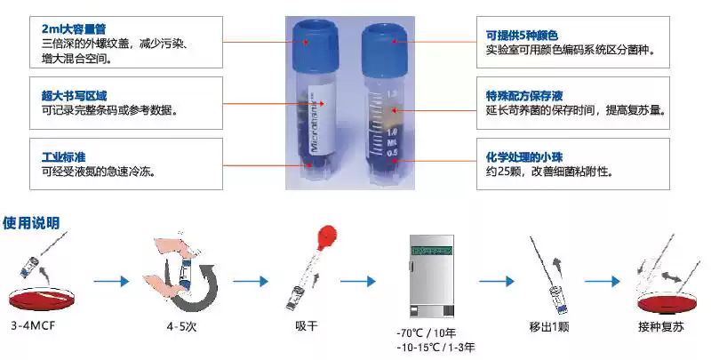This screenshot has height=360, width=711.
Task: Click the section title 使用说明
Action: click(31, 222)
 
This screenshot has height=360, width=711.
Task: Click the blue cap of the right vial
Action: click(383, 36)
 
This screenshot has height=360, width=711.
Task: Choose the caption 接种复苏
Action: click(663, 326)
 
